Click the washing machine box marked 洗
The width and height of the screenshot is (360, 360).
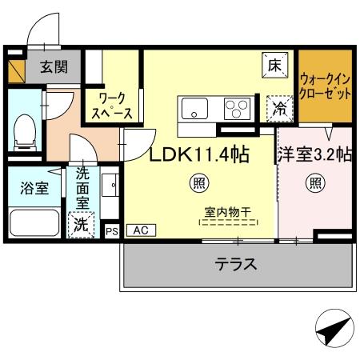click(x=82, y=225)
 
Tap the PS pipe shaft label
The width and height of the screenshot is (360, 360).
click(x=111, y=230)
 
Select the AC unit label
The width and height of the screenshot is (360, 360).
click(x=140, y=230)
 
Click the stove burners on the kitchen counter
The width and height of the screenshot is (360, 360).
click(x=237, y=109)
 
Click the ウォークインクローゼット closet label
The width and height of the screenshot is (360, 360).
click(x=325, y=86)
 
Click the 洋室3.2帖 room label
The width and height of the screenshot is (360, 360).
click(x=314, y=154)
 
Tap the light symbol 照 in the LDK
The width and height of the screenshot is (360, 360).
click(x=198, y=184)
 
